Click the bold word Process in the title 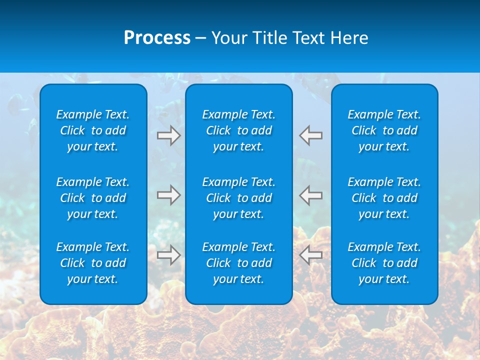point(157,38)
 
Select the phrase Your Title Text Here point(289,38)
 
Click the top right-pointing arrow point(169,135)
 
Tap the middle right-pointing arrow point(169,195)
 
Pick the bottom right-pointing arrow point(169,255)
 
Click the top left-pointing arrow point(311,135)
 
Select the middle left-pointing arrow point(311,195)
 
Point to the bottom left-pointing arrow point(311,255)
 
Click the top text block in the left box point(93,130)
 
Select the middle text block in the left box point(93,198)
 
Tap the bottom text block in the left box point(93,263)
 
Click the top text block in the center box point(239,130)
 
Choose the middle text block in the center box point(239,198)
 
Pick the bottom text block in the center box point(239,263)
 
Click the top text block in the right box point(384,130)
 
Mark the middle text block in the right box point(384,198)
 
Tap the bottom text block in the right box point(384,263)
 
